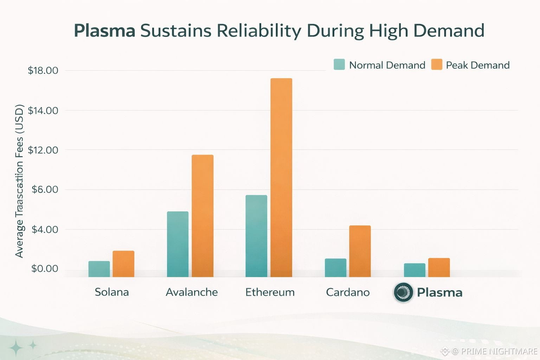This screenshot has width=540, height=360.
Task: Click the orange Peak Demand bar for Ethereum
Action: (x=281, y=178)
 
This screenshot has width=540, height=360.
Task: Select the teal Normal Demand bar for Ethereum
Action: (x=256, y=236)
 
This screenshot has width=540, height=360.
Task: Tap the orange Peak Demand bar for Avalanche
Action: (x=202, y=216)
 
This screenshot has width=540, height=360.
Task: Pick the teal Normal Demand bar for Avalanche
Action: (x=178, y=244)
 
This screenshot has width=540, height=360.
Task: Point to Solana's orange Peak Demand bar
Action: (x=123, y=264)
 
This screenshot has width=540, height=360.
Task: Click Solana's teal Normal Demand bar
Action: (x=99, y=269)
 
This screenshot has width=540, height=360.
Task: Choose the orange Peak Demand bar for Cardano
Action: (x=360, y=251)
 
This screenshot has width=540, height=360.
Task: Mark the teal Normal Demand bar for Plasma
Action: (x=414, y=270)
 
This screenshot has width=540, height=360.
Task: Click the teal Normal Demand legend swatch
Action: (x=339, y=64)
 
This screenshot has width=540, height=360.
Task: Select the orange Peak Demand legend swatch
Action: (x=437, y=64)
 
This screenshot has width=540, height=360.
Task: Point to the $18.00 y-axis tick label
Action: (x=43, y=71)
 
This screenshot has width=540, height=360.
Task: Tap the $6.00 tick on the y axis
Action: (x=45, y=190)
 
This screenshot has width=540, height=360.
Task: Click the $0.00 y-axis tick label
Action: (x=45, y=269)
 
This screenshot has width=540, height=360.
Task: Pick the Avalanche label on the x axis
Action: (x=192, y=292)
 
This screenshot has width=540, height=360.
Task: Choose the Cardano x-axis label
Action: (x=348, y=292)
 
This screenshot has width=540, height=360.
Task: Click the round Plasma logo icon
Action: (x=403, y=292)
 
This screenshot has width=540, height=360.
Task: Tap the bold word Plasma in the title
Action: (x=104, y=31)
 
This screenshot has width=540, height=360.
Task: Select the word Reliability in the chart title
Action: (x=258, y=31)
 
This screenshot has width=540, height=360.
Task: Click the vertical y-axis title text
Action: (x=19, y=181)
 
